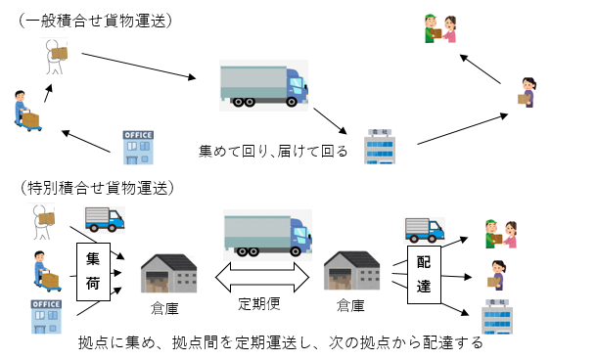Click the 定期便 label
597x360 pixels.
point(261,302)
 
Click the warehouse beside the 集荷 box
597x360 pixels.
point(168,273)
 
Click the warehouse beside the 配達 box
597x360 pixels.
point(352,273)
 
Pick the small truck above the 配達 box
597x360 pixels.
point(424,229)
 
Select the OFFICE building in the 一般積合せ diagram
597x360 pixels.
point(137,147)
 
